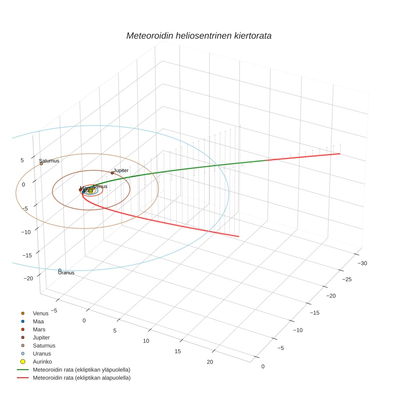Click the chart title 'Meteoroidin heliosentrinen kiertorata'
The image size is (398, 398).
click(x=199, y=36)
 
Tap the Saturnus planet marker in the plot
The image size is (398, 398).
click(x=41, y=163)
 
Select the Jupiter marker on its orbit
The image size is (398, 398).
click(x=112, y=173)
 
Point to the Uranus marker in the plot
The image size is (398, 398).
click(x=60, y=270)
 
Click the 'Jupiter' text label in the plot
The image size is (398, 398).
click(x=121, y=170)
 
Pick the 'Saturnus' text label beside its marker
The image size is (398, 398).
click(x=49, y=161)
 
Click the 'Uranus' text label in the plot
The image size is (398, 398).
click(x=66, y=273)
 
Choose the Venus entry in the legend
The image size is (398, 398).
click(x=40, y=313)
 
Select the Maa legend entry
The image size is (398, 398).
click(x=38, y=321)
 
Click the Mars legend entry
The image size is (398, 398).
click(x=39, y=329)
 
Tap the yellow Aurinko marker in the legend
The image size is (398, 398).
click(x=23, y=361)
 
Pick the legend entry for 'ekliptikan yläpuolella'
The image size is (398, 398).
click(x=81, y=370)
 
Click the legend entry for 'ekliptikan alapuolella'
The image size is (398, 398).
click(x=81, y=378)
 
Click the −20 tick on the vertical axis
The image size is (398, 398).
click(x=28, y=278)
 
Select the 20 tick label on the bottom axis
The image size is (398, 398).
click(x=210, y=362)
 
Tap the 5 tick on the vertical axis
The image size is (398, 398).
click(x=22, y=160)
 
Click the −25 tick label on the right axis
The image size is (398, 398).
click(x=346, y=279)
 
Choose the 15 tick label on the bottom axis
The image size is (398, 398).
click(x=178, y=351)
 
